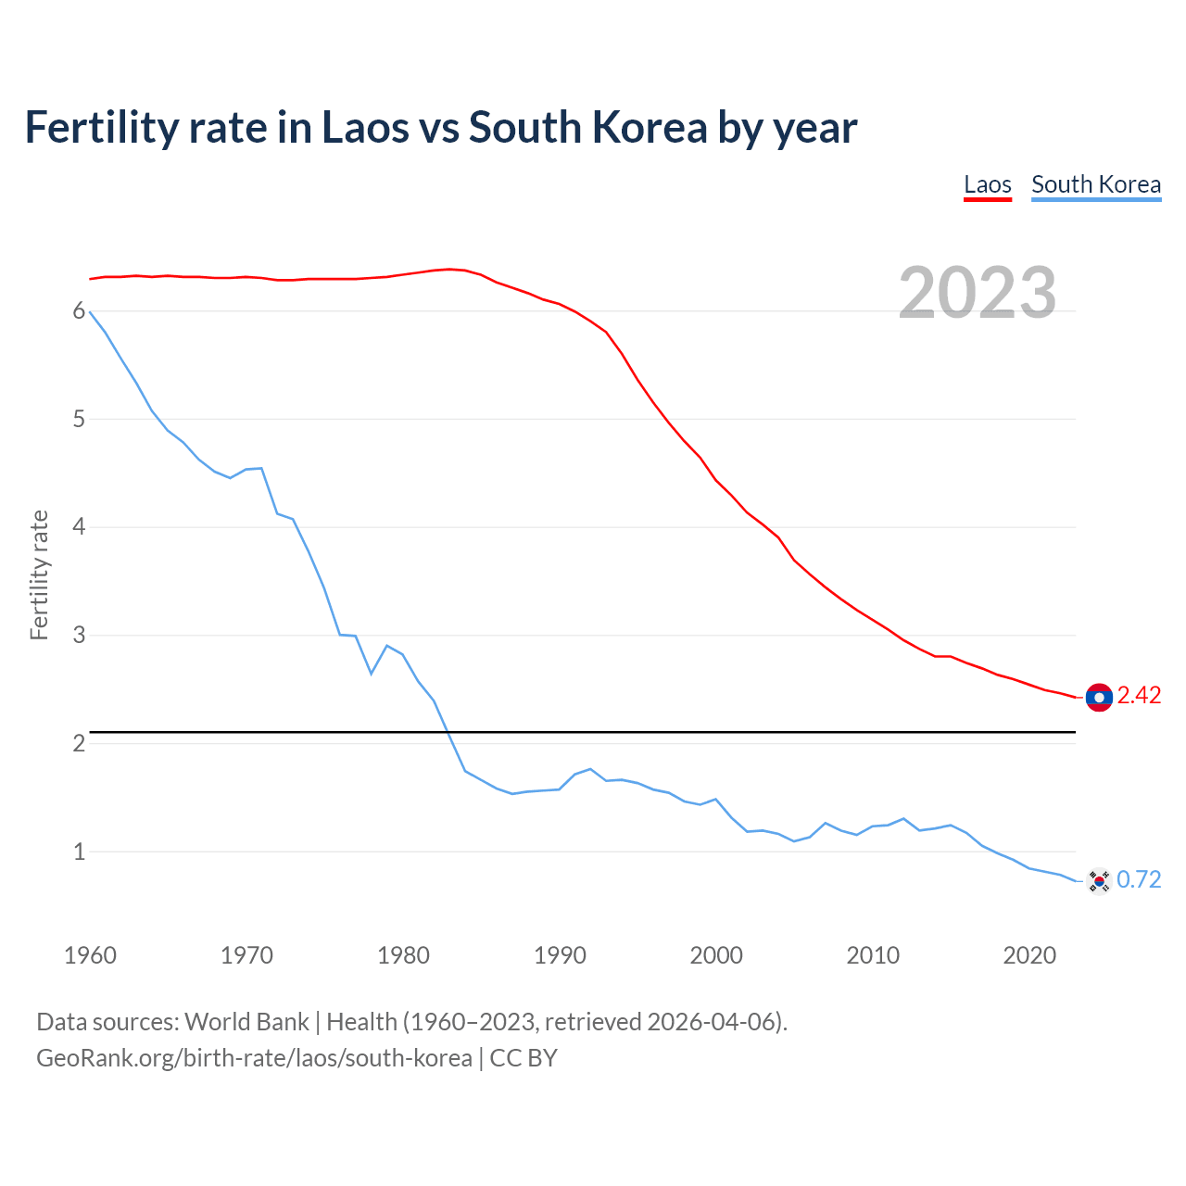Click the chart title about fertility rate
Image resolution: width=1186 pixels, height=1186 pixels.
pyautogui.click(x=441, y=128)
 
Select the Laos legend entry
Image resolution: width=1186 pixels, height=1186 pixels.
pyautogui.click(x=987, y=184)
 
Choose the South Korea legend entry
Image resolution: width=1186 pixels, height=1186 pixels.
pyautogui.click(x=1096, y=184)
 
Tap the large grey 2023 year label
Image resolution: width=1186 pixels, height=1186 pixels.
pyautogui.click(x=978, y=293)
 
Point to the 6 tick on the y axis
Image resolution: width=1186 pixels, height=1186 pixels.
pyautogui.click(x=79, y=311)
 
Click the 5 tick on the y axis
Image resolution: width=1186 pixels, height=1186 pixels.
pyautogui.click(x=79, y=420)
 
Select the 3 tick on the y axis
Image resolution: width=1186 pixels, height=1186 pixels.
pyautogui.click(x=79, y=636)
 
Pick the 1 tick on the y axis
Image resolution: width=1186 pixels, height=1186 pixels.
pyautogui.click(x=79, y=852)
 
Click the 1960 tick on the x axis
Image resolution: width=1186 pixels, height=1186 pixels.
pyautogui.click(x=90, y=955)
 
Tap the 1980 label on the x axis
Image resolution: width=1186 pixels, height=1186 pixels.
pyautogui.click(x=403, y=955)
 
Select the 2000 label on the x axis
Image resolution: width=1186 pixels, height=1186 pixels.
pyautogui.click(x=716, y=955)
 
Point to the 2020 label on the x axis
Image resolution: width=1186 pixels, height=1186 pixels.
pyautogui.click(x=1029, y=955)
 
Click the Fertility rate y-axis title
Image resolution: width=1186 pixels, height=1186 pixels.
pyautogui.click(x=39, y=574)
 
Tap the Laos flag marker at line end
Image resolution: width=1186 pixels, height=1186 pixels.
pyautogui.click(x=1099, y=697)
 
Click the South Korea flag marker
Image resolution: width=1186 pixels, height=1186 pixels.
pyautogui.click(x=1099, y=880)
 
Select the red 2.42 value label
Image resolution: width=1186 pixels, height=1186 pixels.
pyautogui.click(x=1139, y=696)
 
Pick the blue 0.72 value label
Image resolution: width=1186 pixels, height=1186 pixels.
pyautogui.click(x=1139, y=879)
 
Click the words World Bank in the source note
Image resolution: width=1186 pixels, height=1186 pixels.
pyautogui.click(x=246, y=1022)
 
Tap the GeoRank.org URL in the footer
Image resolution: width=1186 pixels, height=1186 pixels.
pyautogui.click(x=254, y=1058)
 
